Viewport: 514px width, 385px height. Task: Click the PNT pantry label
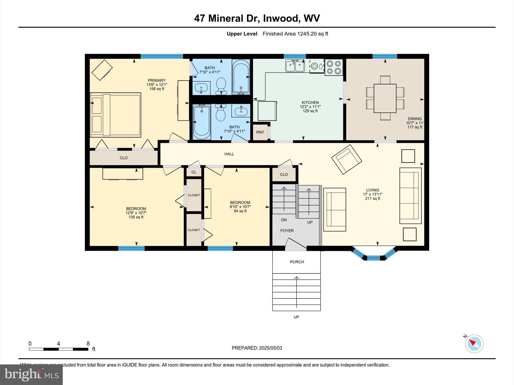point(260,132)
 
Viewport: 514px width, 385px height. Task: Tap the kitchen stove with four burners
point(334,67)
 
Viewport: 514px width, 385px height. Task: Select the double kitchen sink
point(295,66)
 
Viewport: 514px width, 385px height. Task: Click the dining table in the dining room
point(385,98)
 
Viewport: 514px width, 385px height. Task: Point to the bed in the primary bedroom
point(115,115)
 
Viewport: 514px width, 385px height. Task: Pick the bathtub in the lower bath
point(202,121)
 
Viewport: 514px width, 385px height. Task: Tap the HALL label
point(229,154)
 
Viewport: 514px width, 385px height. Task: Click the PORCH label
point(297,262)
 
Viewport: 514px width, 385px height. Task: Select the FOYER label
point(287,231)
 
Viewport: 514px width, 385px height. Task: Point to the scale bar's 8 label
point(88,344)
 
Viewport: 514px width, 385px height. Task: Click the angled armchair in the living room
point(347,159)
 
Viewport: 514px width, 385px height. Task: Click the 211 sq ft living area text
point(372,199)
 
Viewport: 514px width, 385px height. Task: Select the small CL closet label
point(194,172)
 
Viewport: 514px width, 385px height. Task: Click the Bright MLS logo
point(31,374)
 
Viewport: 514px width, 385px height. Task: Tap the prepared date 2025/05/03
point(271,348)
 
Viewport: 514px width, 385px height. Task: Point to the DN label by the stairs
point(284,220)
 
